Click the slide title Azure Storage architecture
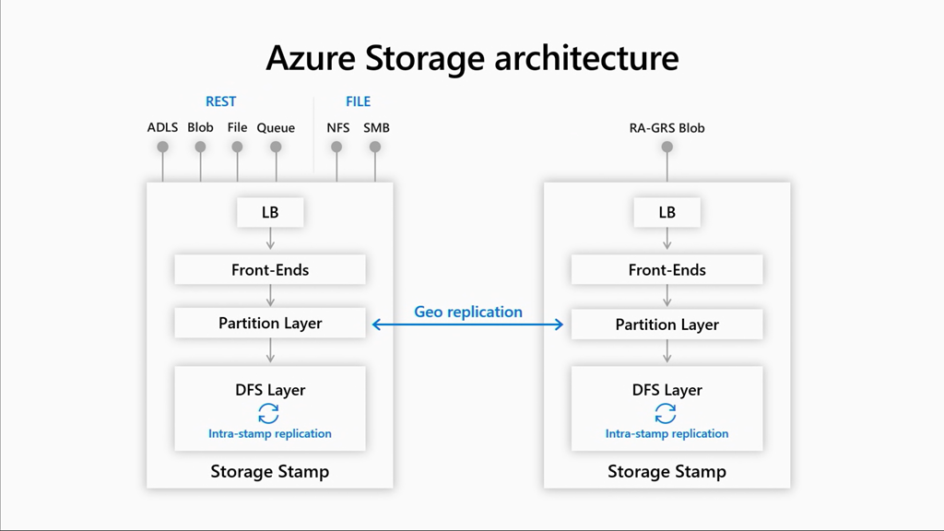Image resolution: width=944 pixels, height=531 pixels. (472, 57)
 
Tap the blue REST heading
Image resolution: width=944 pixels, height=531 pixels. (220, 101)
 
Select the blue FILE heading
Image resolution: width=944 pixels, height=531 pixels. (358, 101)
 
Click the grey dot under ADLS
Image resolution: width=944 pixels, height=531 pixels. (162, 147)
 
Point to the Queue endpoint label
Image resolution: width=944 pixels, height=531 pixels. (276, 127)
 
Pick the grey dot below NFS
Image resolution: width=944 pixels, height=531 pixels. (337, 147)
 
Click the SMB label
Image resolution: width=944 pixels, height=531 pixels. (376, 127)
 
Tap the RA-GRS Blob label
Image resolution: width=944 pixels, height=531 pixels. (667, 127)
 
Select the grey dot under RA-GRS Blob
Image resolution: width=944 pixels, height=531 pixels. (667, 147)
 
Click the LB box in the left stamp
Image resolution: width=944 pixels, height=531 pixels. (270, 212)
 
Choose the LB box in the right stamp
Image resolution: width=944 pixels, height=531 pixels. (667, 212)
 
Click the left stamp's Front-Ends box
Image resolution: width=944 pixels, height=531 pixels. (270, 270)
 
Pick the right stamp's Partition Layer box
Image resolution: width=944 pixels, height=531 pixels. (667, 324)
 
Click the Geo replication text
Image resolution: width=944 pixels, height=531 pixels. (468, 312)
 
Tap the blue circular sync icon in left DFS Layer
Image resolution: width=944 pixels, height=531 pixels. (268, 413)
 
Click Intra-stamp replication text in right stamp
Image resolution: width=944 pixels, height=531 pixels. (667, 433)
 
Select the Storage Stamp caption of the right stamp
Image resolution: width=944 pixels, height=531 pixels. (667, 472)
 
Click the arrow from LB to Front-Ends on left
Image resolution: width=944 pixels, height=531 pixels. (270, 239)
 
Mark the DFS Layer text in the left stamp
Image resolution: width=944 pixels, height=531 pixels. (270, 390)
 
